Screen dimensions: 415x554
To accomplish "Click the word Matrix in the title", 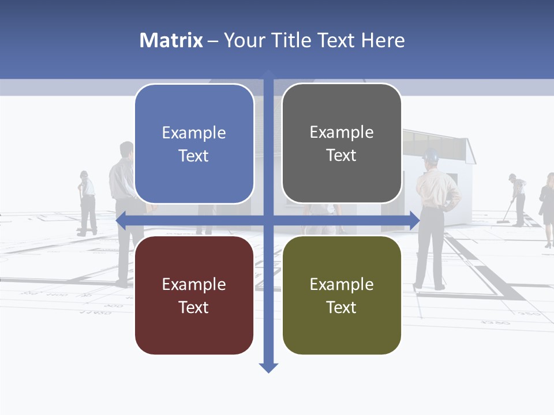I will pos(171,40).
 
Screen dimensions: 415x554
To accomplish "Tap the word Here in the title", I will pos(383,40).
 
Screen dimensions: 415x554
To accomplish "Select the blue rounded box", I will pos(194,144).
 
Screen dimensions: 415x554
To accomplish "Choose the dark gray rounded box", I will pos(342,144).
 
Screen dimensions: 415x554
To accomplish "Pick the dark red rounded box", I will pos(194,295).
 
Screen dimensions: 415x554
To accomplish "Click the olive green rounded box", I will pos(342,295).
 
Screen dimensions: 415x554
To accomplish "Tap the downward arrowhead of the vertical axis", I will pos(268,367).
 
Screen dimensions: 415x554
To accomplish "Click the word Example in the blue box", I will pos(194,133).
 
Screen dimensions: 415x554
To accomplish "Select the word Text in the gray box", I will pos(342,155).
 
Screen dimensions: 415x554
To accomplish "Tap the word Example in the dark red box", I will pos(194,284).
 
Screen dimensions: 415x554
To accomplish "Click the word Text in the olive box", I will pos(342,307).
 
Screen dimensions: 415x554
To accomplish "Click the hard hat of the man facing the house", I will pos(431,154).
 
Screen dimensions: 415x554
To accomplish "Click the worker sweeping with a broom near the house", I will pos(517,199).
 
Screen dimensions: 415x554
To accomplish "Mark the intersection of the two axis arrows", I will pos(268,220).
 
